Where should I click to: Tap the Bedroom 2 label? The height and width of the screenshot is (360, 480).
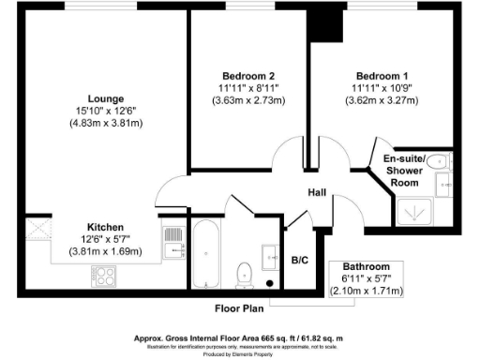coord(248,75)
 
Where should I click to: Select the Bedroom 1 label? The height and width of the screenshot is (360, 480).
coord(382,75)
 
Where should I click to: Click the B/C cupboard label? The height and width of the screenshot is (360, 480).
coord(301,260)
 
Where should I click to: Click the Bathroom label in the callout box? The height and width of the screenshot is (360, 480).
coord(366,267)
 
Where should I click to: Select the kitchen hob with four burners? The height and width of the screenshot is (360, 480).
coord(104,275)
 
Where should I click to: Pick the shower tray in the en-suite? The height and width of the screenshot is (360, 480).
coord(414,213)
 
